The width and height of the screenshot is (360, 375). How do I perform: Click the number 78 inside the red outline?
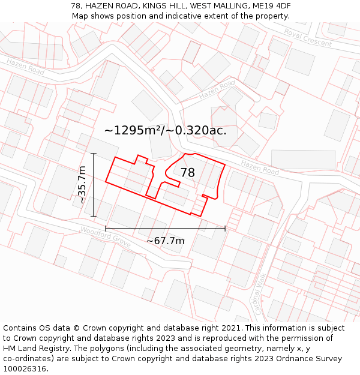pos(187,173)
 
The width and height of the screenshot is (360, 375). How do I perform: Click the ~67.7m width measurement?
pos(165,241)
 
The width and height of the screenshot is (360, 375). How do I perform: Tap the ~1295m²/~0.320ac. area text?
pos(165,130)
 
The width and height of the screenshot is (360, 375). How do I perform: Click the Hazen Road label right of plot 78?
pos(260,167)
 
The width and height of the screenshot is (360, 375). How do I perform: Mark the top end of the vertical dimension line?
pos(94,154)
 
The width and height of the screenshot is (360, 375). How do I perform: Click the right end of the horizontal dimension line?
pos(225,228)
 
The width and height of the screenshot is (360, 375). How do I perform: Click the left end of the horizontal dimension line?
pos(106,228)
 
